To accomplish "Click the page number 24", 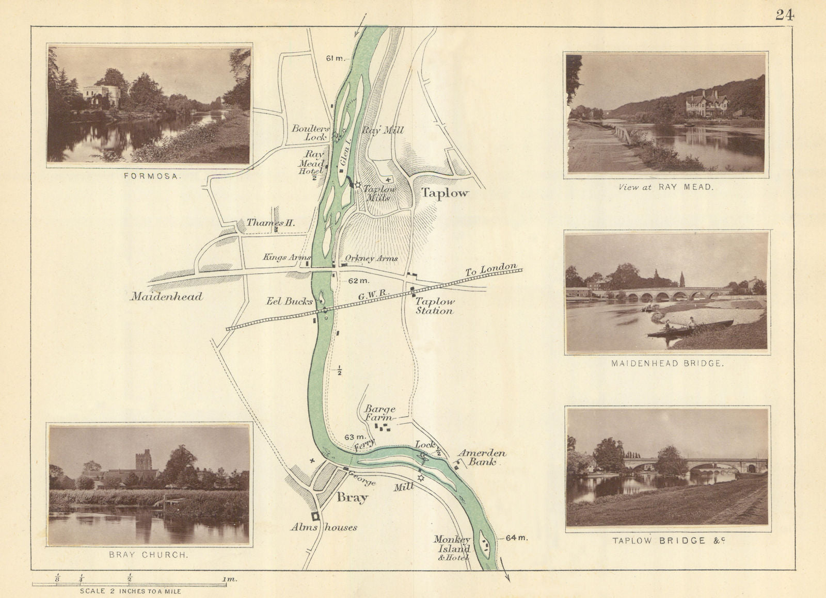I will [784, 15].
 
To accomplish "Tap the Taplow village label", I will [444, 193].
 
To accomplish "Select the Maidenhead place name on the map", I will [166, 297].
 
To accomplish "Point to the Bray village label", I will [352, 498].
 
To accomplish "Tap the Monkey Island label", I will [452, 543].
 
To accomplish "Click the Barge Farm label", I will [380, 413].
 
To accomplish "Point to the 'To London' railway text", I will [490, 269].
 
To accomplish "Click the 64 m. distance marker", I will [517, 538].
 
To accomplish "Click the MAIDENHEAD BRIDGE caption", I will [667, 363].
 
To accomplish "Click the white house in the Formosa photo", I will [102, 96].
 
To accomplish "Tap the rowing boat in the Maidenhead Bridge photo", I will [690, 328].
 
